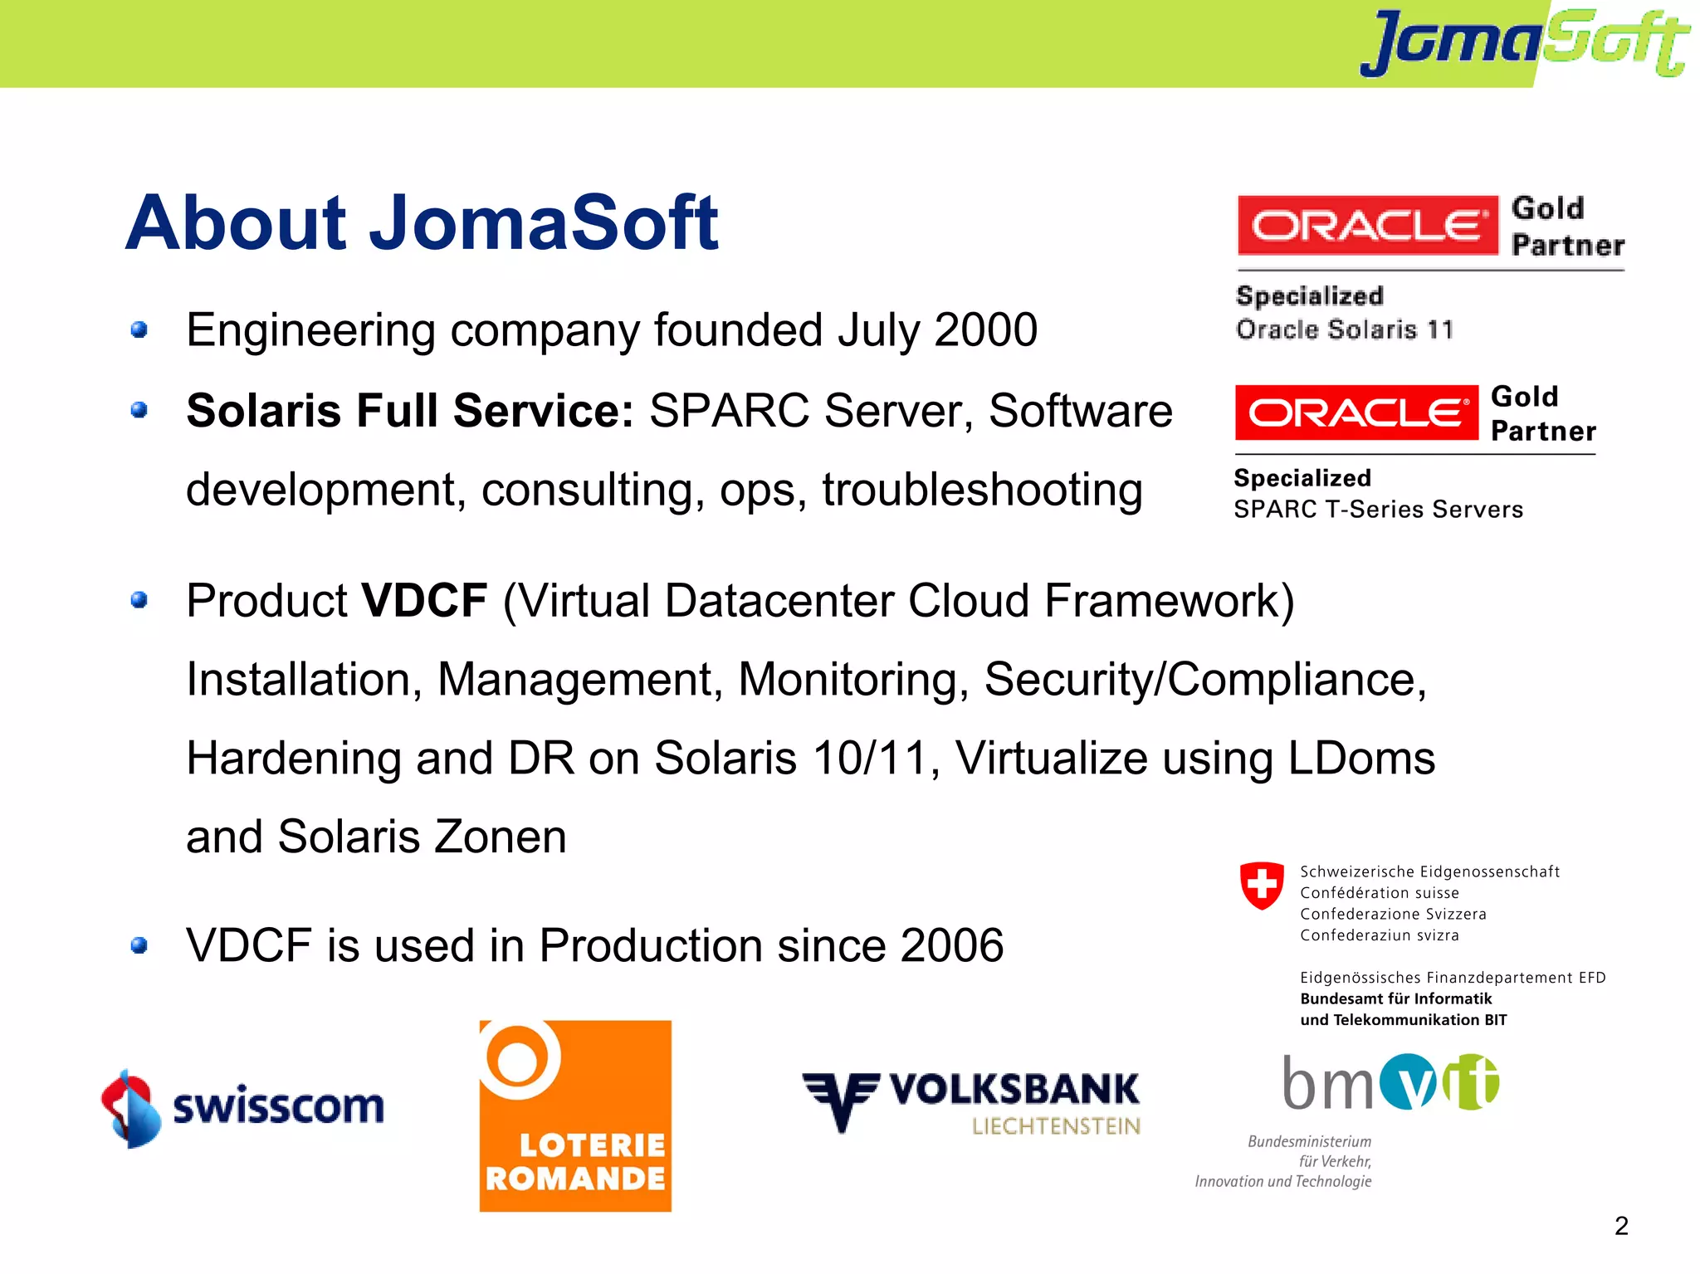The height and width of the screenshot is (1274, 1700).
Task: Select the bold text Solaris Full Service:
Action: point(410,411)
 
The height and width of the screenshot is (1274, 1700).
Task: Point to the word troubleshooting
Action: point(982,490)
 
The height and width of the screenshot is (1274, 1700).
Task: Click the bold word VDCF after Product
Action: point(424,601)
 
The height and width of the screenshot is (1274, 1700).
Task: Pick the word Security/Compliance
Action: point(1204,680)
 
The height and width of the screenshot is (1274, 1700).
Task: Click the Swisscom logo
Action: point(242,1108)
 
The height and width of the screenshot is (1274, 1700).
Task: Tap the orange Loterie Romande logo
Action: point(575,1115)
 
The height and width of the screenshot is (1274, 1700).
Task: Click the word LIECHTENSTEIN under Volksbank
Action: point(1056,1126)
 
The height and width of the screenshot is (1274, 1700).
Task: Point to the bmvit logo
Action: point(1390,1082)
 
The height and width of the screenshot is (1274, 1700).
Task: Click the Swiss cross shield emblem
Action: point(1262,885)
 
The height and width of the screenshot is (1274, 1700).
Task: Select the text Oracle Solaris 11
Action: point(1344,330)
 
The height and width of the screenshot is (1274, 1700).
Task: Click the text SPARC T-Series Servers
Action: point(1378,510)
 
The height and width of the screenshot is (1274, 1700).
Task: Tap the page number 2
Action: point(1621,1226)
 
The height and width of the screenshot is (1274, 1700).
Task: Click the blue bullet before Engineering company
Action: point(139,330)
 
